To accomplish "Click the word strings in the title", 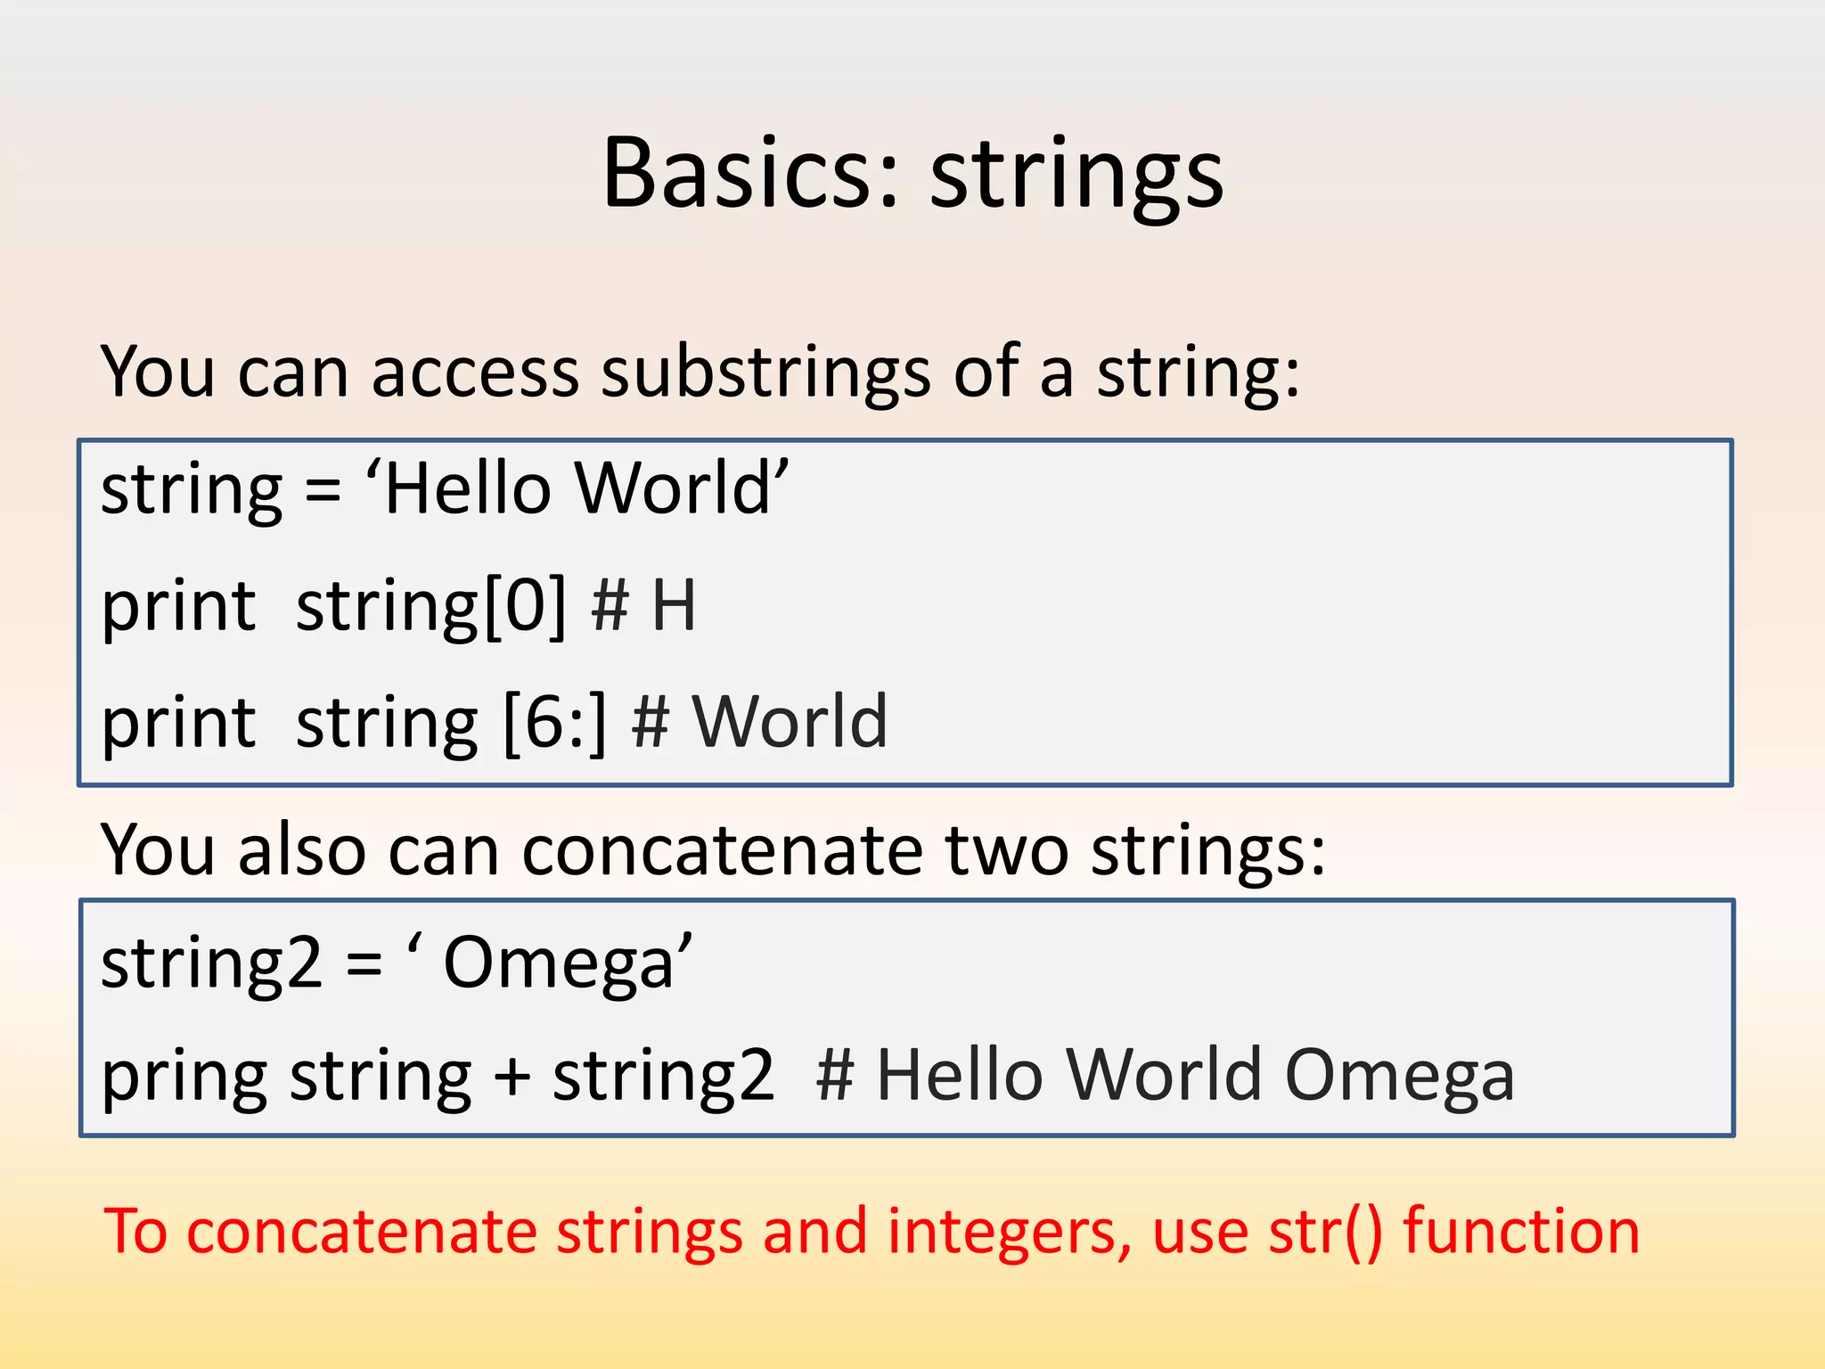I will pyautogui.click(x=1076, y=176).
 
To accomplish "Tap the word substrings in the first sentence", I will pyautogui.click(x=765, y=371).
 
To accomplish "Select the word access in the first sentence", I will pyautogui.click(x=475, y=371).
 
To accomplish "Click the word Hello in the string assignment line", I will pyautogui.click(x=468, y=488).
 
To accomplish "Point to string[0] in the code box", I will pyautogui.click(x=430, y=606).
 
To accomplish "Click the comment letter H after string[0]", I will pyautogui.click(x=674, y=606).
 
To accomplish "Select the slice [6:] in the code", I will pyautogui.click(x=554, y=722).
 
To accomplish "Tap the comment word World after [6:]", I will pyautogui.click(x=790, y=722).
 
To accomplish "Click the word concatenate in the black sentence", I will pyautogui.click(x=722, y=849).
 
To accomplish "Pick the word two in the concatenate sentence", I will pyautogui.click(x=1006, y=849).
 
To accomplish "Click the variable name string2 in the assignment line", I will pyautogui.click(x=210, y=963).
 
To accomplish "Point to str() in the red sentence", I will pyautogui.click(x=1325, y=1232).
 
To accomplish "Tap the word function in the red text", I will pyautogui.click(x=1521, y=1232).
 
